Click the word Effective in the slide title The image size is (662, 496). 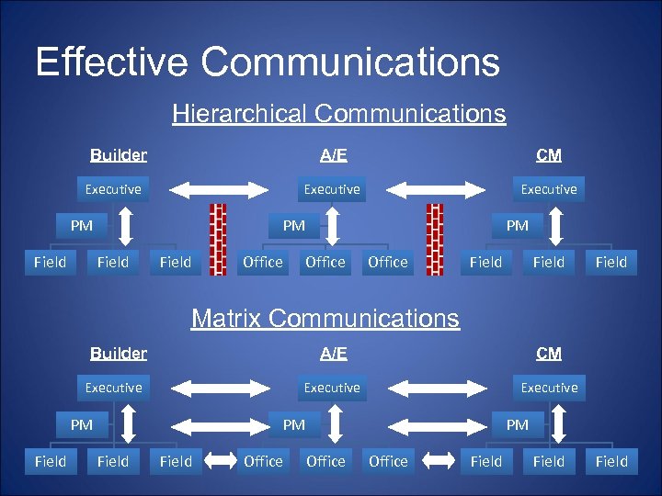(111, 62)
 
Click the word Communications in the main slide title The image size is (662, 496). (350, 62)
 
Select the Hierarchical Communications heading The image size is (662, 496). (338, 114)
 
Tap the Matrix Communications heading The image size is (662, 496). (325, 319)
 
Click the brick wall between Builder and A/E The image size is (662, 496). (218, 239)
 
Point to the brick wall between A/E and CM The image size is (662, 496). (435, 239)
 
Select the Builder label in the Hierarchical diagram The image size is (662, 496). (119, 154)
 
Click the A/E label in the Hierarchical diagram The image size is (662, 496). (333, 154)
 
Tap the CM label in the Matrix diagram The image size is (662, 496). (549, 354)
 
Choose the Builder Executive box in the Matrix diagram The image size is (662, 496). (113, 388)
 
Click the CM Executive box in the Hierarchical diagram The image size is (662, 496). (549, 189)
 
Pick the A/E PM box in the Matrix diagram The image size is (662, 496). (294, 424)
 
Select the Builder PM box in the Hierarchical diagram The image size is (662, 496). (82, 225)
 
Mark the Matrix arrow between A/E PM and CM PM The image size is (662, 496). (436, 425)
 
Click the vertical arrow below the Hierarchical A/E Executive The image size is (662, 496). (333, 226)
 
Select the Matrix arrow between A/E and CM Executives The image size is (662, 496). (436, 389)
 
